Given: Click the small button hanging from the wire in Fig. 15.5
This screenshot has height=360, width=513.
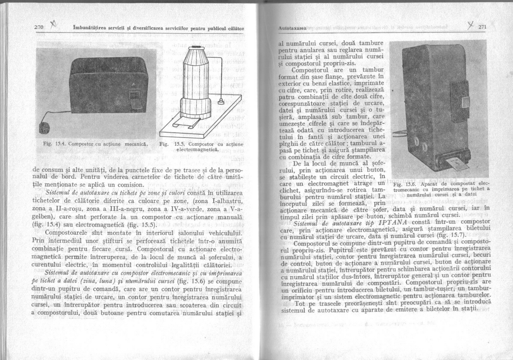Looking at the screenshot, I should click(221, 101).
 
